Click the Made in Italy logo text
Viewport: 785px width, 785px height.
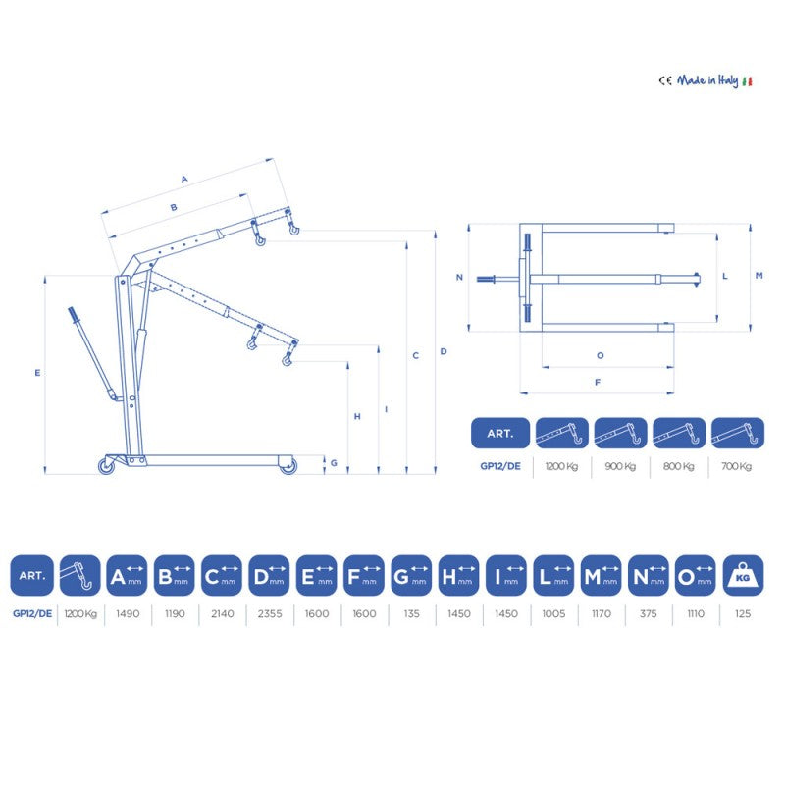[706, 80]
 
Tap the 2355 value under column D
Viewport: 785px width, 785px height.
[270, 613]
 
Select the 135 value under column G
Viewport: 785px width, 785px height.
[411, 613]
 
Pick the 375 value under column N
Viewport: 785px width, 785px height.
[648, 613]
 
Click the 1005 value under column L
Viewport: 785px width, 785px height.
[553, 613]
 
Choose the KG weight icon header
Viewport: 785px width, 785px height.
[743, 576]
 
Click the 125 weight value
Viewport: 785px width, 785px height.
[743, 613]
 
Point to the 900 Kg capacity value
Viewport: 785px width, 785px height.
[620, 466]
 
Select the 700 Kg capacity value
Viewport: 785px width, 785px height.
[737, 466]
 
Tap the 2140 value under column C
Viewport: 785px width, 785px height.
[223, 613]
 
